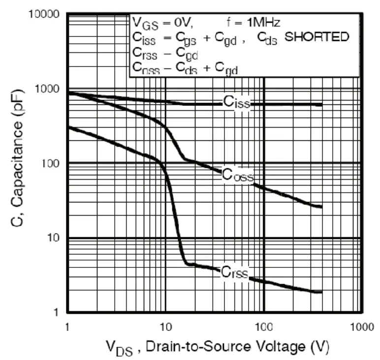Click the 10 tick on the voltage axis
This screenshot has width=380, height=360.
165,327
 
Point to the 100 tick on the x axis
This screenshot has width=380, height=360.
264,327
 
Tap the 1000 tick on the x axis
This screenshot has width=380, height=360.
362,327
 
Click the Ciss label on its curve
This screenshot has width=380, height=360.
236,102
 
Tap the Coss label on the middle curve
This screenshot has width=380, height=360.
237,174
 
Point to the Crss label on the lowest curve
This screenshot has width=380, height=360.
234,271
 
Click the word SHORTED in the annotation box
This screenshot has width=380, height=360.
317,36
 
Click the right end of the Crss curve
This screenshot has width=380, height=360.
321,292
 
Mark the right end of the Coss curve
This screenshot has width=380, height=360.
321,206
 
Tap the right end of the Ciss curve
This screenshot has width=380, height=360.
321,104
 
